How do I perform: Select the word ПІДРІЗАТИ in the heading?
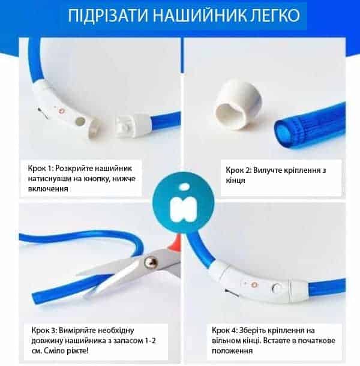click(108, 16)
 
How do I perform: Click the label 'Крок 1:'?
click(41, 168)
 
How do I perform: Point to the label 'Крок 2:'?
click(239, 170)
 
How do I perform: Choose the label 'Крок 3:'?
click(44, 330)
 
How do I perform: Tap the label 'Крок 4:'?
click(224, 330)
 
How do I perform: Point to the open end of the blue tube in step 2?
click(284, 134)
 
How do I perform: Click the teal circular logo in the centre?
click(184, 202)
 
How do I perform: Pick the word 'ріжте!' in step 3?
click(77, 350)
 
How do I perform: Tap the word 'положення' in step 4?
click(232, 351)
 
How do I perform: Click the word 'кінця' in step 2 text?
click(235, 180)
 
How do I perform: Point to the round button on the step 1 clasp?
click(80, 121)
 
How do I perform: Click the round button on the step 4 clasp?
click(277, 288)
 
